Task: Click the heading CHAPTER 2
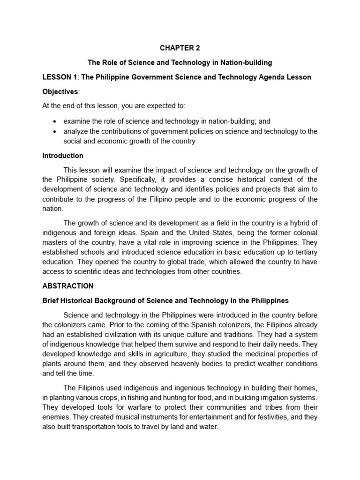(180, 47)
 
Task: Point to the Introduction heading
(63, 156)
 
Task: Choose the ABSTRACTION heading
(68, 286)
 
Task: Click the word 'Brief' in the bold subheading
(51, 300)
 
